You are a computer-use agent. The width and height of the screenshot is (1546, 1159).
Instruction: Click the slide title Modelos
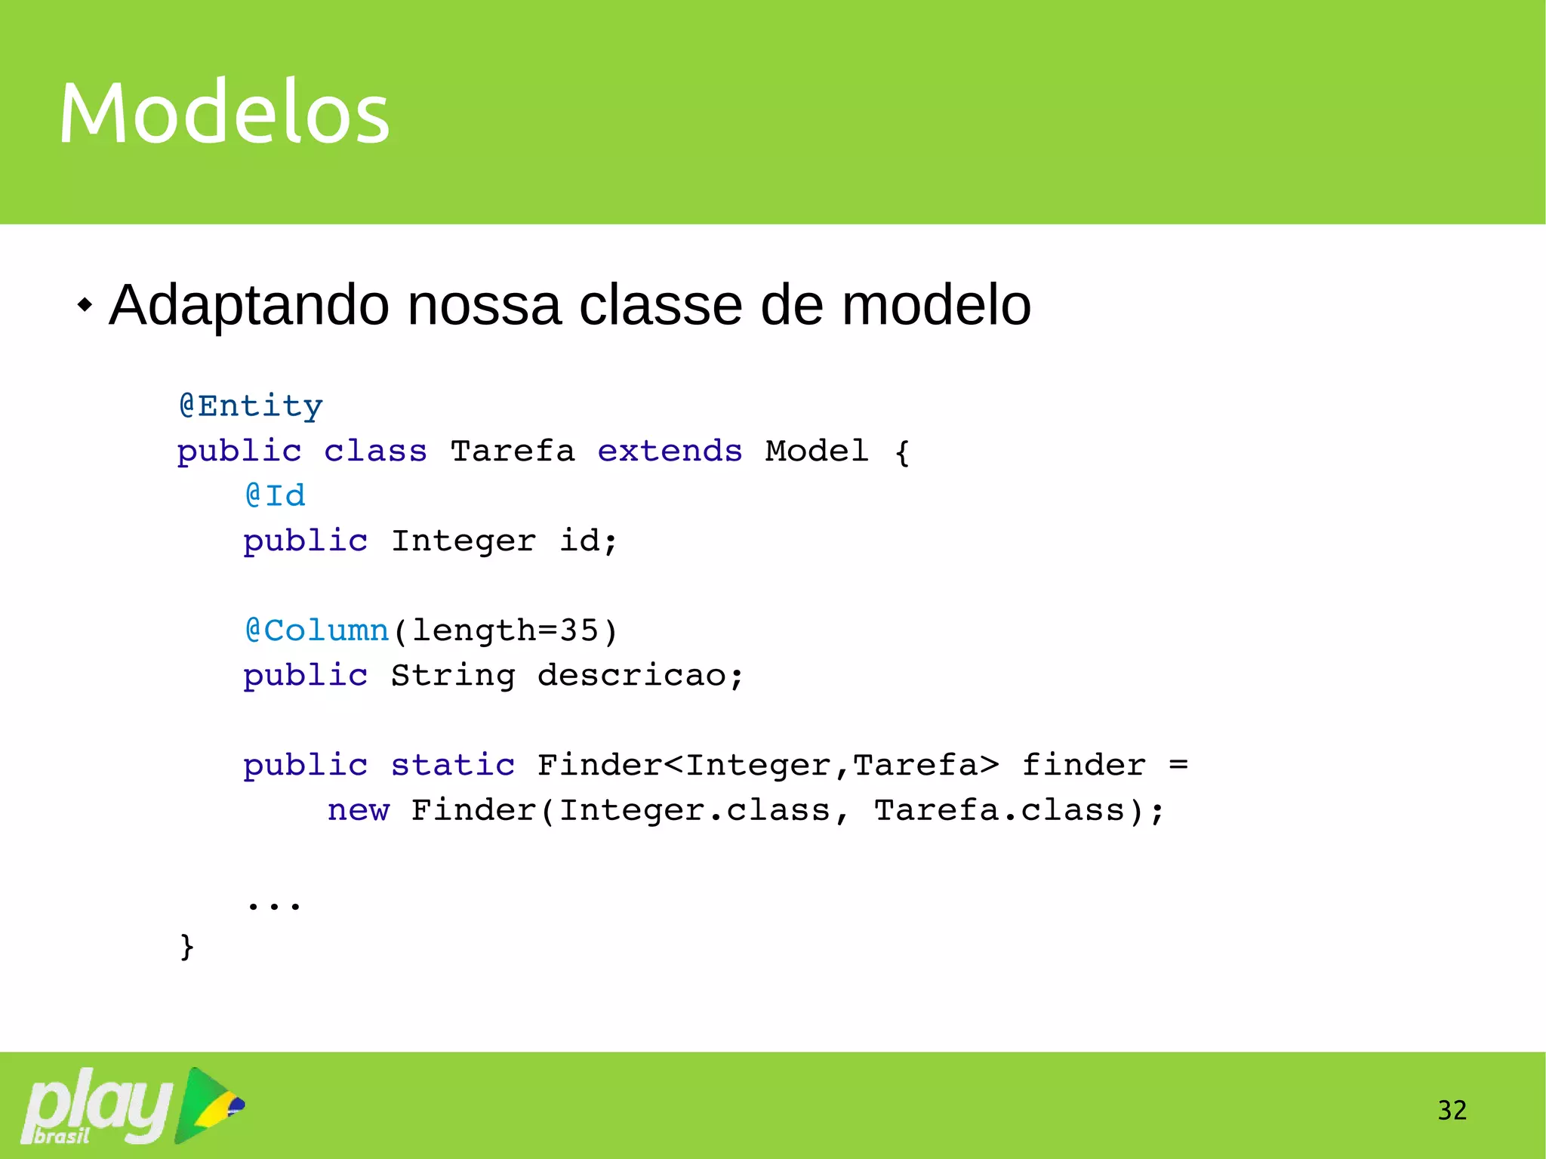224,113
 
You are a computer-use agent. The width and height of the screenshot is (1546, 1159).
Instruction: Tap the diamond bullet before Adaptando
85,306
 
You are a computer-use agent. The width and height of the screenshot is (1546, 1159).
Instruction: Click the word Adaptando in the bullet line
249,306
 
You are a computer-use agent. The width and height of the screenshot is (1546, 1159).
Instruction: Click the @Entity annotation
251,406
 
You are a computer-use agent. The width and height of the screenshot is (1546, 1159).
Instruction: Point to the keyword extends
670,451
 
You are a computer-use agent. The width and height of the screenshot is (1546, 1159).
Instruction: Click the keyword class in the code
375,451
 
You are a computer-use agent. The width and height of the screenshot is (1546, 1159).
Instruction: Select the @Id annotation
275,495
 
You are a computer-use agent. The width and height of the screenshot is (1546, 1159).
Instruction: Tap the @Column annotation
317,630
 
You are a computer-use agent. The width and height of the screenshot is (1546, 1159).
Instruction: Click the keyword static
453,765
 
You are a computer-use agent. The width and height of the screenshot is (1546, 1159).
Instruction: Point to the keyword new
359,810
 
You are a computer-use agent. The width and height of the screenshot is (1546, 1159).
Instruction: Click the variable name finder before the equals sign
1084,765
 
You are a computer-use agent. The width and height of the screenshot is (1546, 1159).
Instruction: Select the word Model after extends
816,451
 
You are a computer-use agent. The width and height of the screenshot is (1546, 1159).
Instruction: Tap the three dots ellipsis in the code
274,903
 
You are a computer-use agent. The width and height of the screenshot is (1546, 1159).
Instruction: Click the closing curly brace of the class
186,946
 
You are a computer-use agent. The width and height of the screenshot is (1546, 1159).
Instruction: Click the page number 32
1452,1110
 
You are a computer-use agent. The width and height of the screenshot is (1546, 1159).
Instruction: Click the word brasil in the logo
62,1136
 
